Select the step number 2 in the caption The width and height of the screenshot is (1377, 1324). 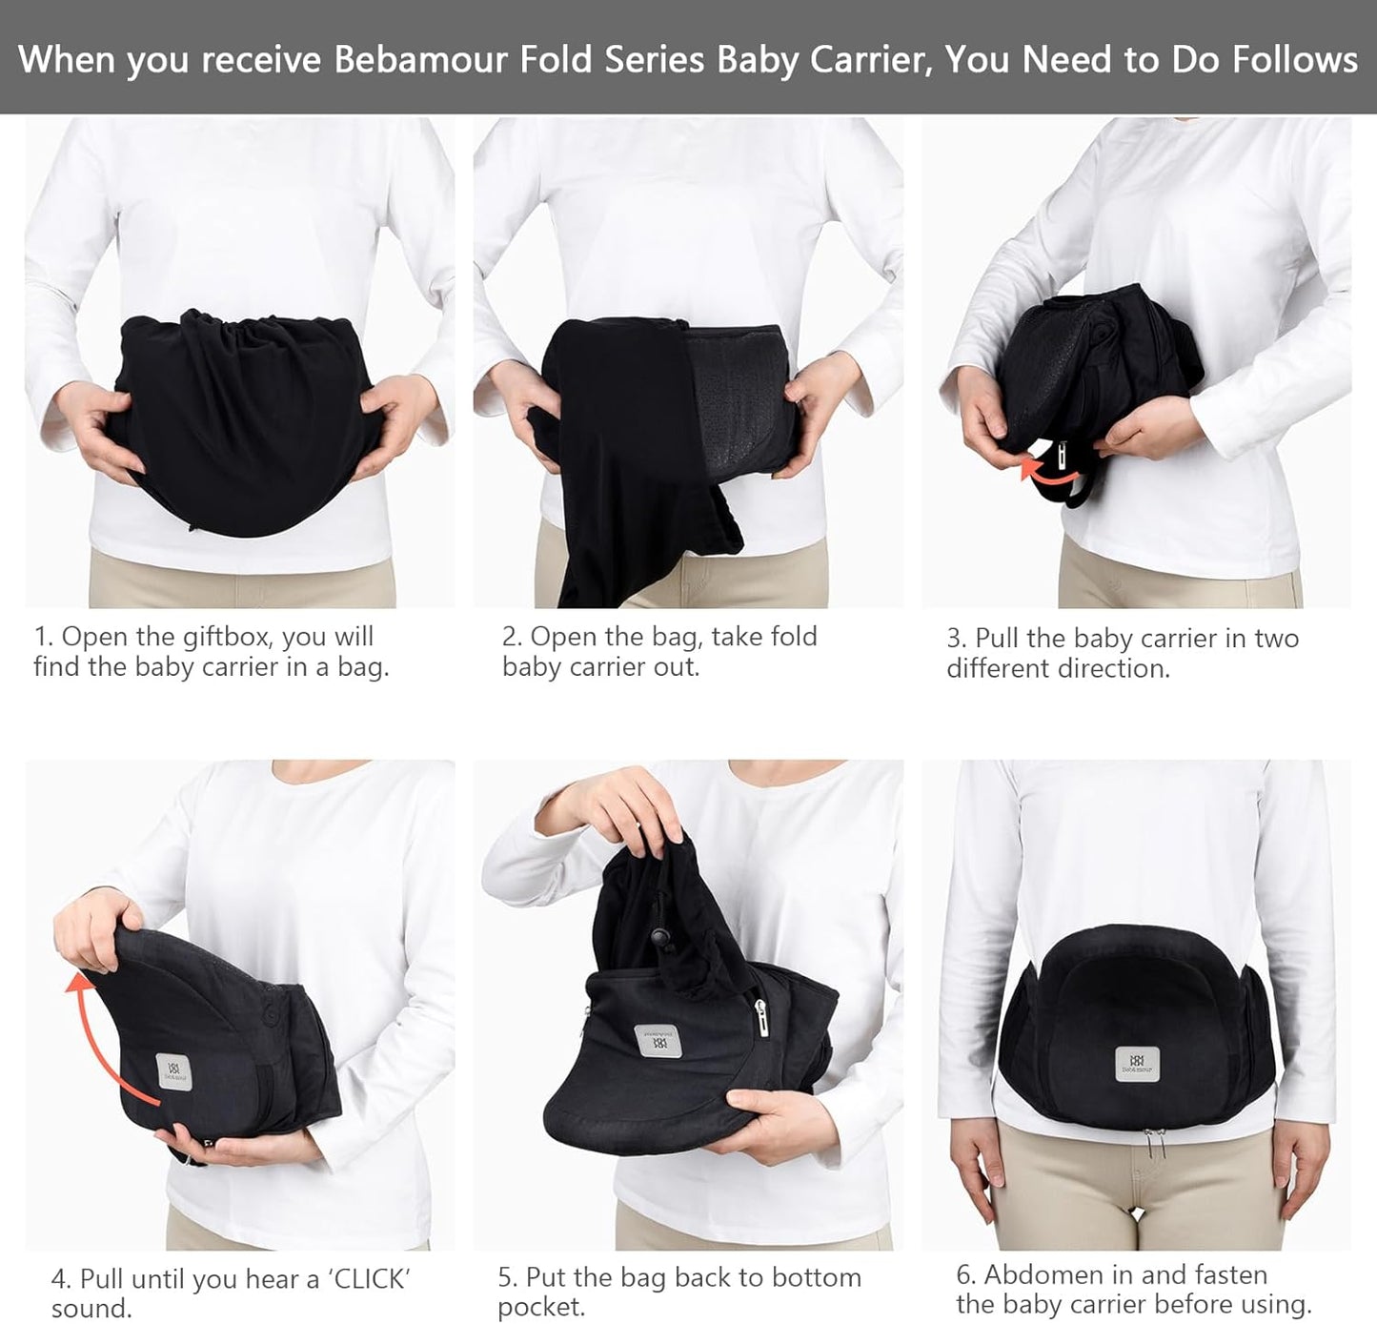509,637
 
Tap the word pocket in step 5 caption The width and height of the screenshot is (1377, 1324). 540,1307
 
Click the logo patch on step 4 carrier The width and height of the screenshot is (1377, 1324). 172,1070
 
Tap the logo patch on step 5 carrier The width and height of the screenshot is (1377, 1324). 657,1041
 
